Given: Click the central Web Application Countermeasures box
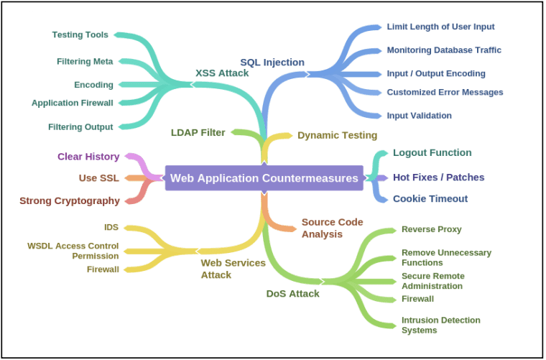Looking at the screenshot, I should [264, 177].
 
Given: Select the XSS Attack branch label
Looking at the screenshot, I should [222, 73].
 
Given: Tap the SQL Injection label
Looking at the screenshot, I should [272, 63].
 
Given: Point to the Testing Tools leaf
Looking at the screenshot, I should [80, 34].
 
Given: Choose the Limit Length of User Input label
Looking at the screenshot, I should [440, 27].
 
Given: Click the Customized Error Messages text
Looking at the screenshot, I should [445, 92].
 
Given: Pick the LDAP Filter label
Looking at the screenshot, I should [198, 132].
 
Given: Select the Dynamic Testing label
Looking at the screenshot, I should [337, 135].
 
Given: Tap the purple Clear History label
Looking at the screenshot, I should [88, 157].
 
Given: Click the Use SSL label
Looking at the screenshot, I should [99, 177].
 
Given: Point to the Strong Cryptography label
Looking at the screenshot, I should [70, 200].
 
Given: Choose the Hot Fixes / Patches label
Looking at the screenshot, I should [438, 177].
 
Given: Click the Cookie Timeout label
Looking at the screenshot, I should [430, 198].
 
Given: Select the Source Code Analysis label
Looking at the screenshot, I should [332, 228].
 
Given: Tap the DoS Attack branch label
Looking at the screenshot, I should [292, 293].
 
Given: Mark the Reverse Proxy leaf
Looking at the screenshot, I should [431, 229].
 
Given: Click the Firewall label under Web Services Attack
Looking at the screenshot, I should [102, 269].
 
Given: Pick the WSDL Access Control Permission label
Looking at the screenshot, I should [73, 251].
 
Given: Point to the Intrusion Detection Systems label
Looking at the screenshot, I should [440, 325].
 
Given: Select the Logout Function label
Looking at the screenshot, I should [432, 152].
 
